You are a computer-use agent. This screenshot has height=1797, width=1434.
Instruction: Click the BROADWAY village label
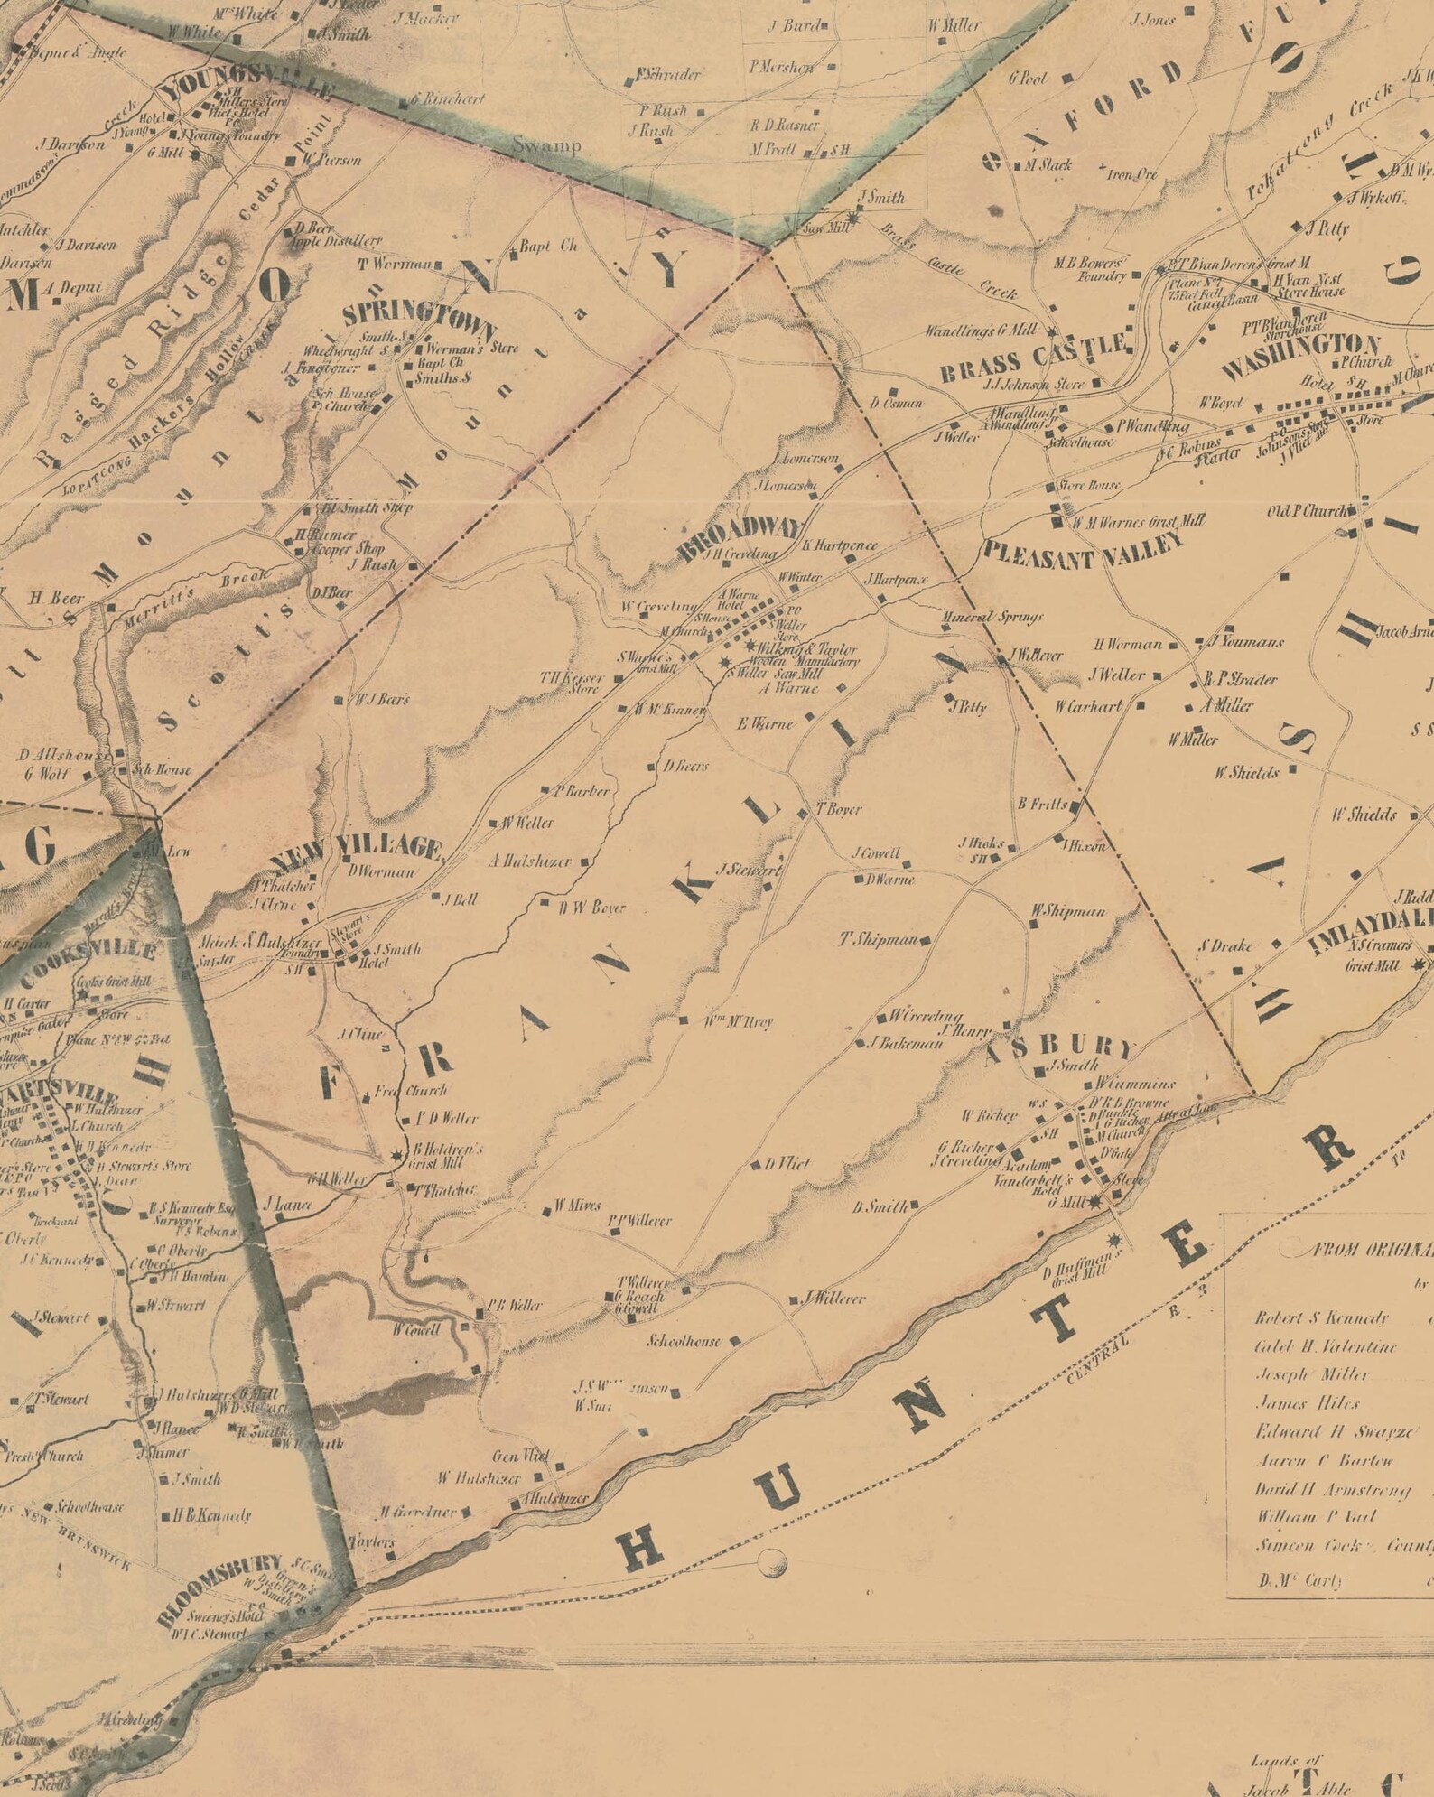[x=739, y=539]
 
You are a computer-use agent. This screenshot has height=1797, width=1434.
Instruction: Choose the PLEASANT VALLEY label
[x=1082, y=551]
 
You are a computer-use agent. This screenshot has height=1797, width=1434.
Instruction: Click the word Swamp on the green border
[x=546, y=144]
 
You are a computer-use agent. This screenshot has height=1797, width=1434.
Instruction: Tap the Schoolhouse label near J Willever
[x=684, y=1341]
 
